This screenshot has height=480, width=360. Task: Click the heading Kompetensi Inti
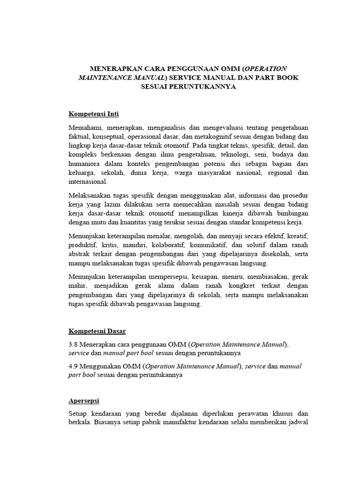coord(94,114)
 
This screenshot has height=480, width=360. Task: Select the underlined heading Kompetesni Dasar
coord(97,331)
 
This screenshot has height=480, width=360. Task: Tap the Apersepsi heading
coord(87,401)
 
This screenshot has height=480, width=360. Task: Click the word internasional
coord(88,181)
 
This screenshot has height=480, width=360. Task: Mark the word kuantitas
coord(142,222)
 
